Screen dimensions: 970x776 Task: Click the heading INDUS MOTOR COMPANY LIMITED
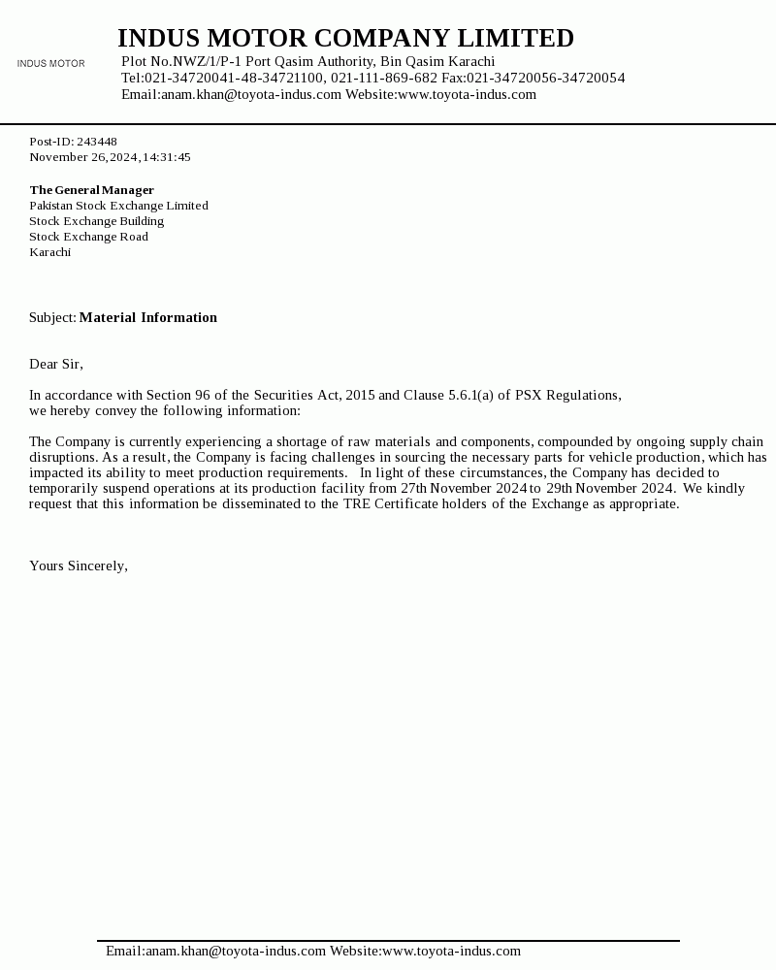[x=345, y=39]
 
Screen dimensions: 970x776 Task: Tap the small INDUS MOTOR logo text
[x=50, y=64]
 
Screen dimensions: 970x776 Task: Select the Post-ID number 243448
[x=97, y=142]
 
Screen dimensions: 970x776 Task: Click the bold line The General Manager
[x=91, y=190]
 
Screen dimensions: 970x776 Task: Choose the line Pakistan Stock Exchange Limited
[x=118, y=206]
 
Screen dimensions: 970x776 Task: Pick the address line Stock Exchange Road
[x=88, y=237]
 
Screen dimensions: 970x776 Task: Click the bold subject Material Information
[x=147, y=317]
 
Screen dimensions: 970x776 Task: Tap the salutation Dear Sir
[x=55, y=364]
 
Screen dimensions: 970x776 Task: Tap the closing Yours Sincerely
[x=78, y=566]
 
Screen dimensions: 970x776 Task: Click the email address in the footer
[x=215, y=952]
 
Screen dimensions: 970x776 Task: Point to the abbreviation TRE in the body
[x=356, y=503]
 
